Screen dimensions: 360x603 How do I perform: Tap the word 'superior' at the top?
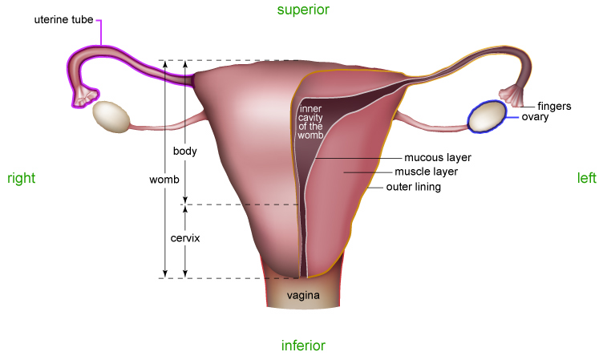point(303,10)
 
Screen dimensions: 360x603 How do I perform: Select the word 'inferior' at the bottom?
point(303,346)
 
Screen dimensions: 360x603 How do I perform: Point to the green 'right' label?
point(21,178)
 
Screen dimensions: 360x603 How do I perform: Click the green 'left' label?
point(586,178)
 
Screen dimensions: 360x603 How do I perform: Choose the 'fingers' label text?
point(554,105)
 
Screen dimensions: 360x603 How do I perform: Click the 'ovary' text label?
point(535,117)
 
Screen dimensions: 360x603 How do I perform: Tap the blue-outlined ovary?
point(487,116)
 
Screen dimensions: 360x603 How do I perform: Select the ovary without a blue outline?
point(111,116)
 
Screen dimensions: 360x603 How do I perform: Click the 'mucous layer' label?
point(437,157)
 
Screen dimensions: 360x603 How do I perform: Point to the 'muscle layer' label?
point(426,172)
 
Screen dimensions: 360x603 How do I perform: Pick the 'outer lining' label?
point(414,187)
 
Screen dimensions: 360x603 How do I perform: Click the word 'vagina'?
point(304,296)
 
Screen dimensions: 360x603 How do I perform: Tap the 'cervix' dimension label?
point(185,238)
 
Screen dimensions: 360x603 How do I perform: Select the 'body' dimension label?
point(185,150)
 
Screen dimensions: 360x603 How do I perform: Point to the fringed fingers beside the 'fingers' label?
point(510,96)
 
